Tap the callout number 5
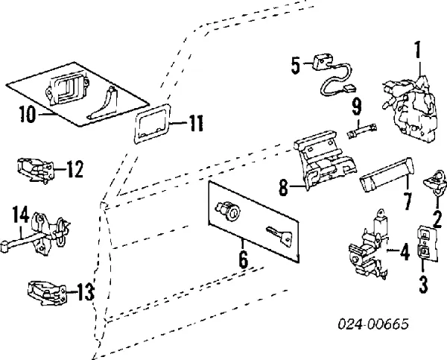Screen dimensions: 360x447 pyautogui.click(x=296, y=66)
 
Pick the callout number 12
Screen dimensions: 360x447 pyautogui.click(x=74, y=170)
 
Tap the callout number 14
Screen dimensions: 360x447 pyautogui.click(x=21, y=216)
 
